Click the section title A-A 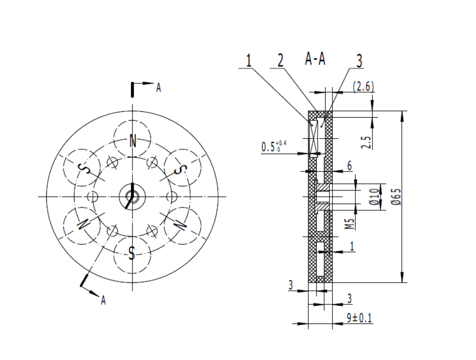(315, 60)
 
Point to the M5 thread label (350, 224)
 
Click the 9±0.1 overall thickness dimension (359, 318)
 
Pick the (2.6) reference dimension (364, 87)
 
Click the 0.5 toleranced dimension (274, 147)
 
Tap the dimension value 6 (349, 166)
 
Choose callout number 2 (280, 61)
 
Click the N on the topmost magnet (133, 141)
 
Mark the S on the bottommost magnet (132, 253)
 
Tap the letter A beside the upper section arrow (158, 88)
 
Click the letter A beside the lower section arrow (103, 300)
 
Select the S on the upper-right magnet (181, 169)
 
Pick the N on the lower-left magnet (83, 224)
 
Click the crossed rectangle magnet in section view (313, 137)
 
